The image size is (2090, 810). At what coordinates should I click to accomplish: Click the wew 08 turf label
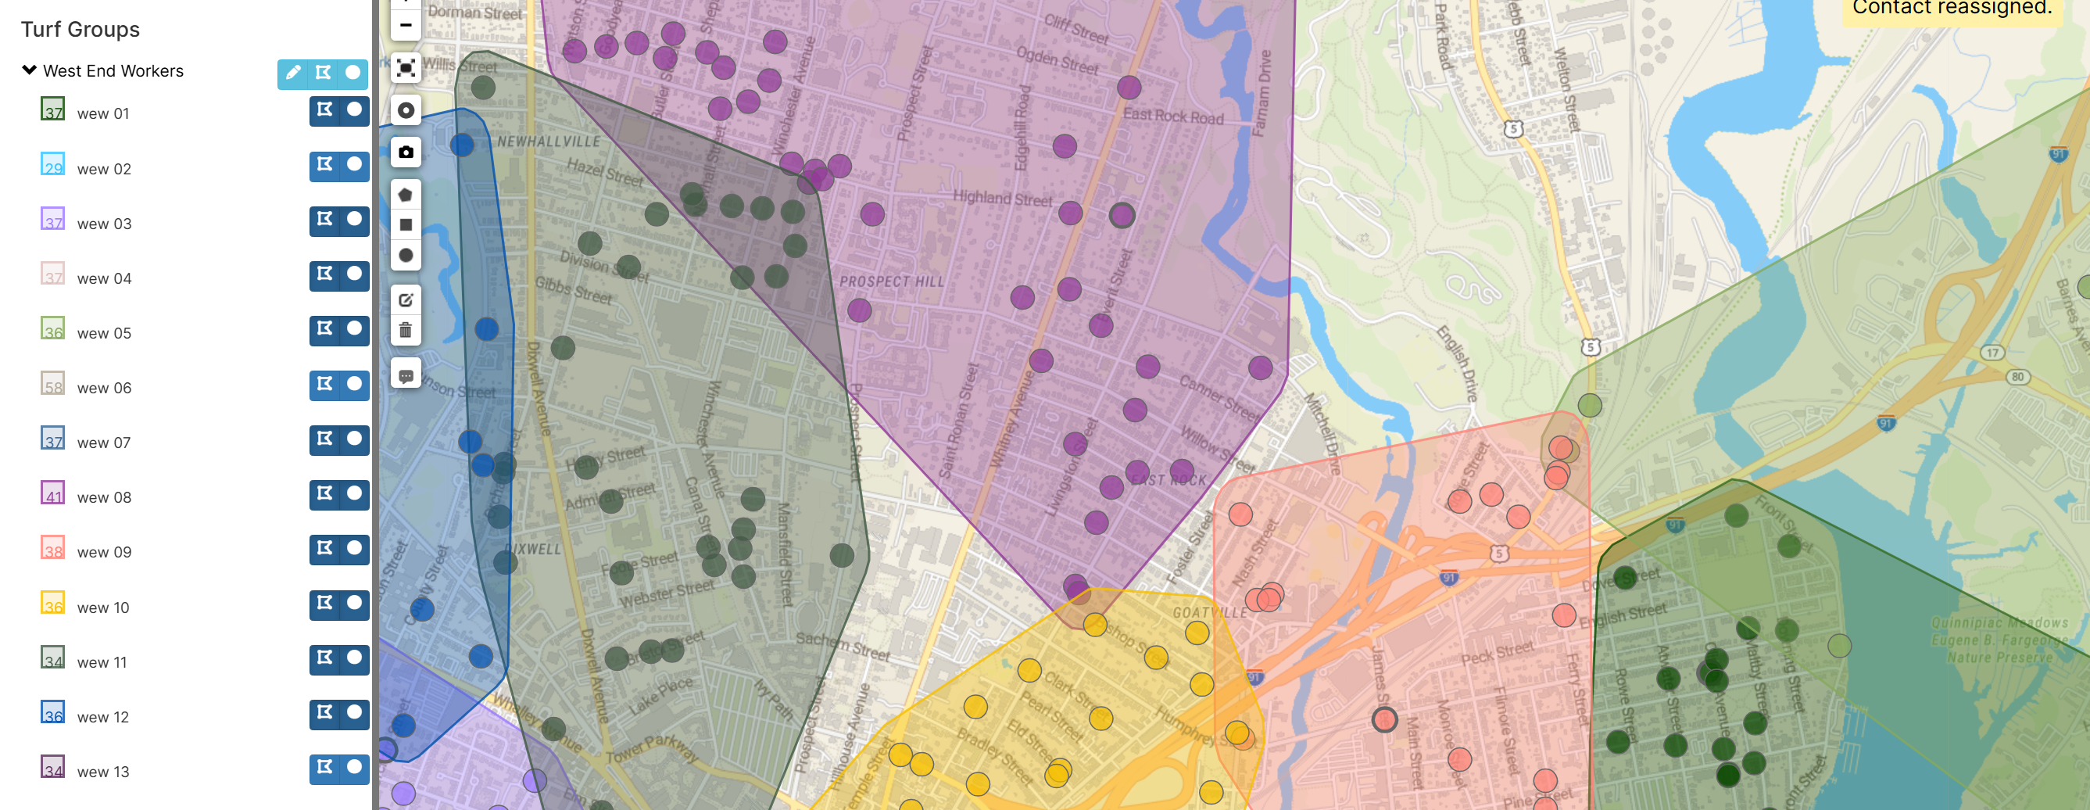point(104,497)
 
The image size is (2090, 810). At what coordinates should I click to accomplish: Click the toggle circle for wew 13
point(355,767)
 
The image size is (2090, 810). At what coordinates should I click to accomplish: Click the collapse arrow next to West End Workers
point(29,70)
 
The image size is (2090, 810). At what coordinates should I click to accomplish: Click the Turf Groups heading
point(81,30)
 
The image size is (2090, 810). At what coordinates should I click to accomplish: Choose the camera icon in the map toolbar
point(406,152)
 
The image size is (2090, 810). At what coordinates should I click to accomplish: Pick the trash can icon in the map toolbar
point(406,330)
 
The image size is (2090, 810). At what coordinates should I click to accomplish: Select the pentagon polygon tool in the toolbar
point(406,195)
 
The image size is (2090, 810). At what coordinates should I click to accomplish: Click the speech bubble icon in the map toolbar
point(406,376)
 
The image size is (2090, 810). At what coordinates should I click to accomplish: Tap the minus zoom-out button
point(406,25)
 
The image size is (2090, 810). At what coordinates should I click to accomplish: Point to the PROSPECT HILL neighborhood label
point(892,281)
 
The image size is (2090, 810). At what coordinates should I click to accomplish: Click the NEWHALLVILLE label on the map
point(549,142)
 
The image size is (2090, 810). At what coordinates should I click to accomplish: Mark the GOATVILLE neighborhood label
point(1210,613)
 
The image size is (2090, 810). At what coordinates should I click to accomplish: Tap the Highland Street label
point(1002,198)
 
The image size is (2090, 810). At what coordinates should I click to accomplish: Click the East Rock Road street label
point(1172,116)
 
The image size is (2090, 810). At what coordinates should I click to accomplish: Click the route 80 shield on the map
point(2017,377)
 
